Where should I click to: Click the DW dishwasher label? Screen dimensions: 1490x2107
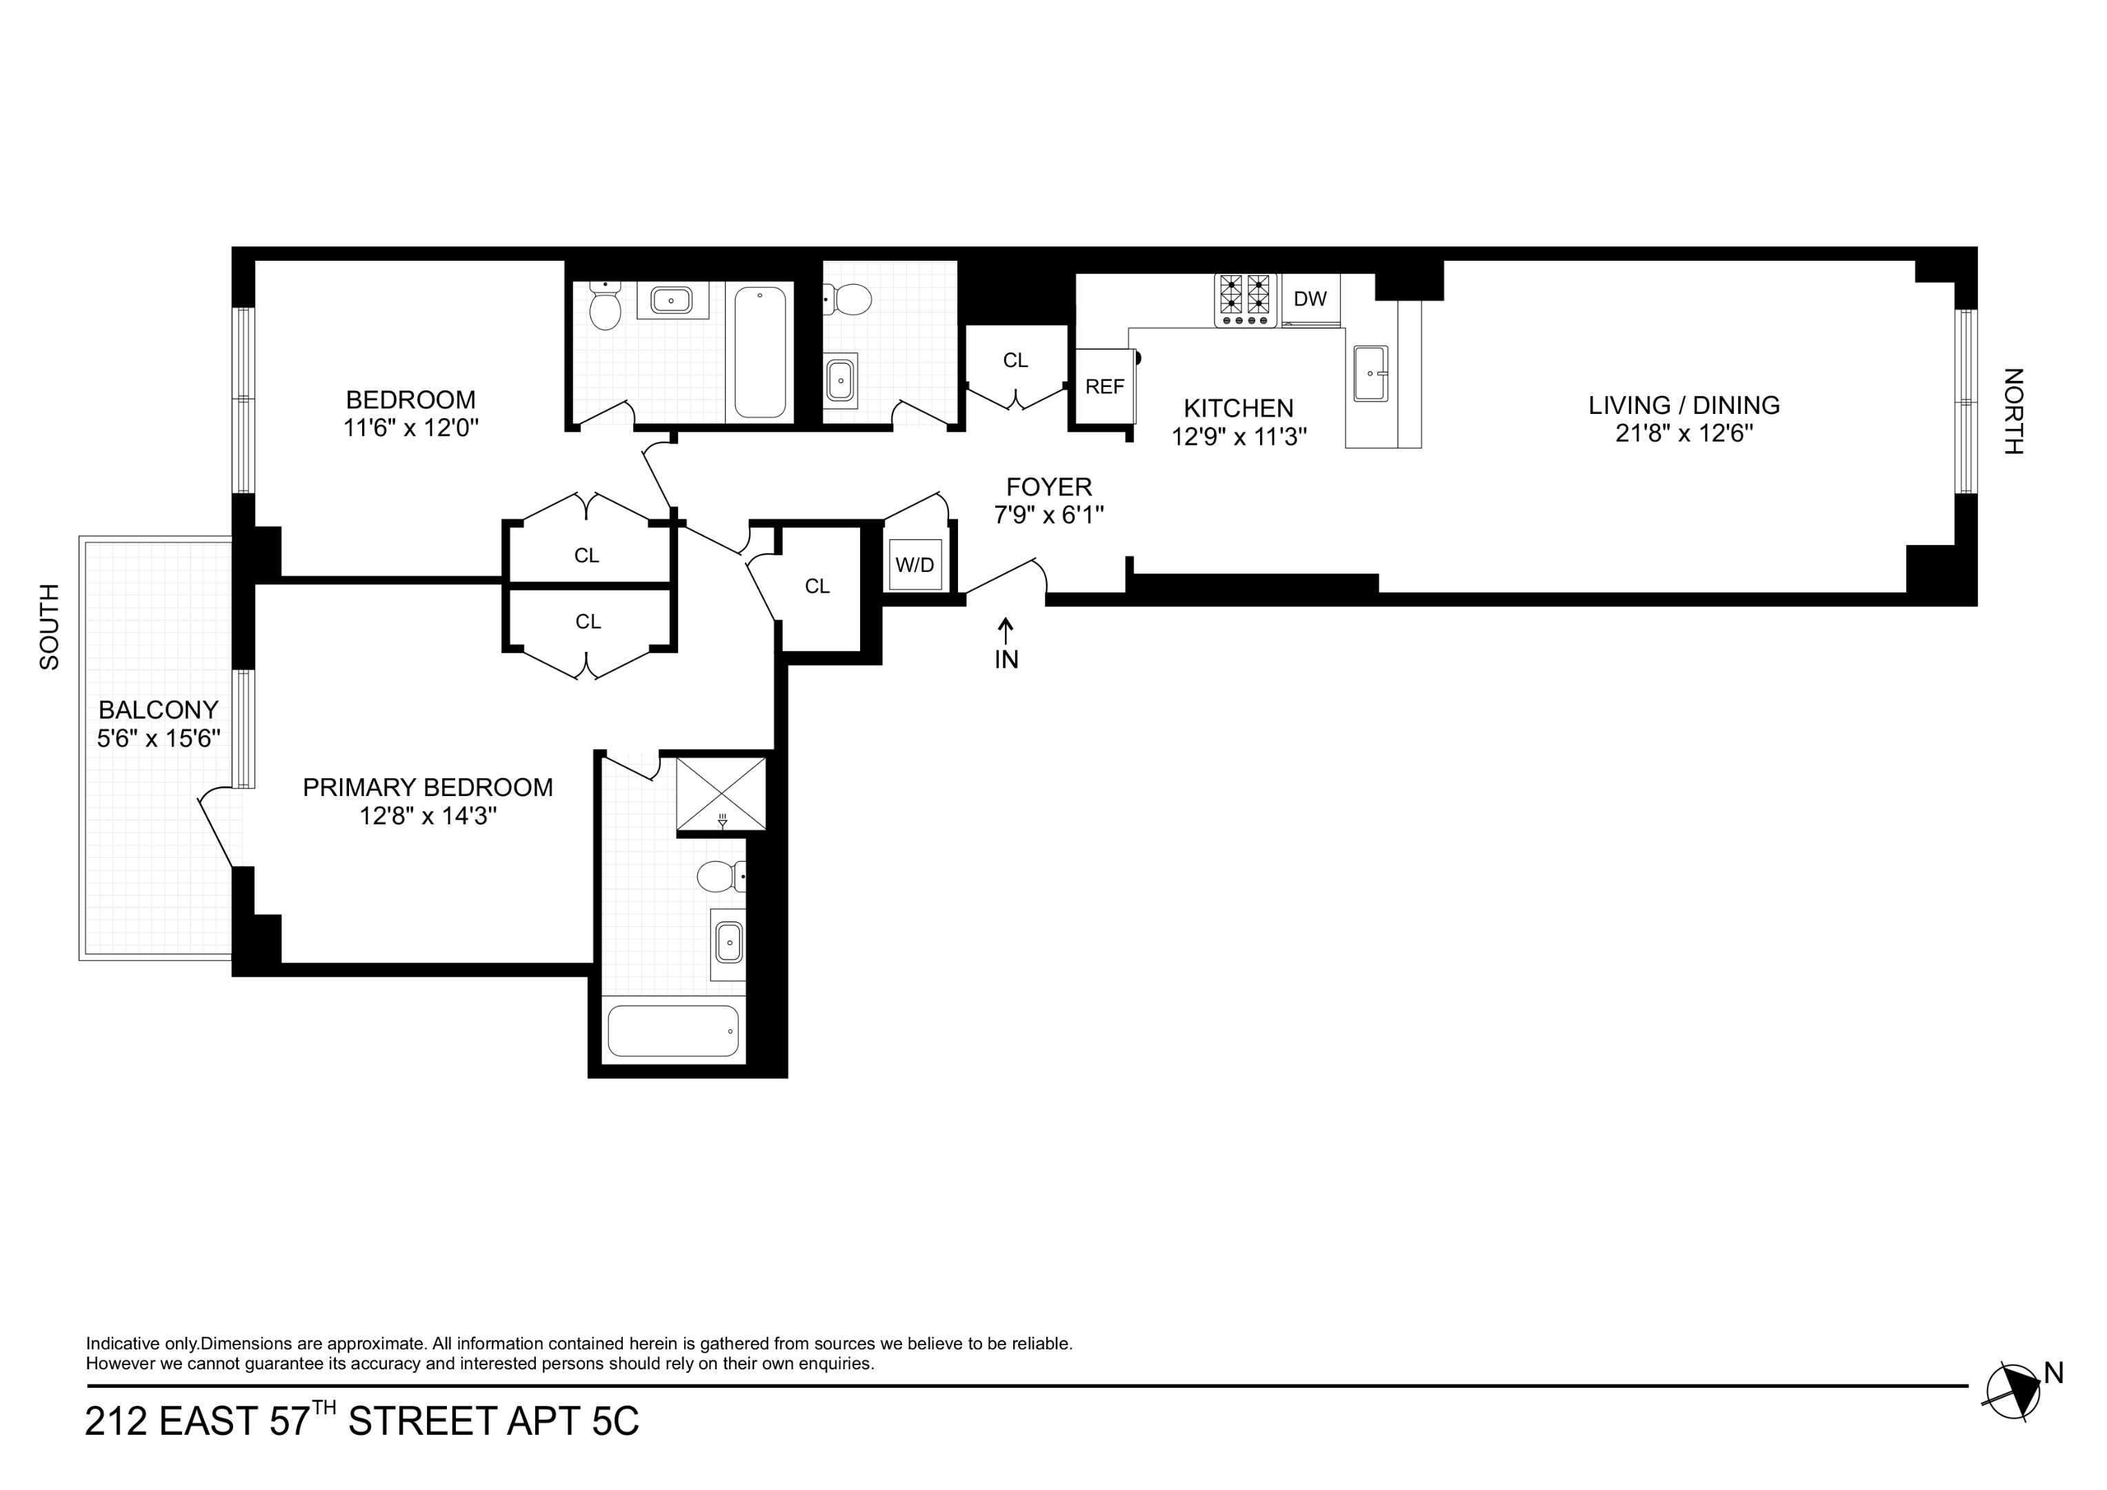pyautogui.click(x=1310, y=299)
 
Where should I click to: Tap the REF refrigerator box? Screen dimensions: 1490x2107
pyautogui.click(x=1104, y=386)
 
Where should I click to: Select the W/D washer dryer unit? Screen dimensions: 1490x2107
pyautogui.click(x=915, y=564)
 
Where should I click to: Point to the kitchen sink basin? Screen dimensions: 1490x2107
pyautogui.click(x=1370, y=374)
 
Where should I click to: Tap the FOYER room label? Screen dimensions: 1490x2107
pyautogui.click(x=1049, y=486)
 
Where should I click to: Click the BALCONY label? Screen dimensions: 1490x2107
pyautogui.click(x=159, y=710)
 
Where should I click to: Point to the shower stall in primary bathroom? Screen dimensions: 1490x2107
pyautogui.click(x=721, y=793)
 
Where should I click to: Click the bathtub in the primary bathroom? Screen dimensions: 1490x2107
pyautogui.click(x=672, y=1030)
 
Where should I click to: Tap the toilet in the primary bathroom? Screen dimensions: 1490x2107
pyautogui.click(x=719, y=876)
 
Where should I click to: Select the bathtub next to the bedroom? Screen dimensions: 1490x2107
pyautogui.click(x=760, y=352)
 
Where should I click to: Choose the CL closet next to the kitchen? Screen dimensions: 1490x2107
pyautogui.click(x=1015, y=361)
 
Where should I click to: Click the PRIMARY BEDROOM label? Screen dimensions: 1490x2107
pyautogui.click(x=428, y=788)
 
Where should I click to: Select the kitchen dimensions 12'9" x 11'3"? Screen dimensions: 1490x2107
pyautogui.click(x=1239, y=437)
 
